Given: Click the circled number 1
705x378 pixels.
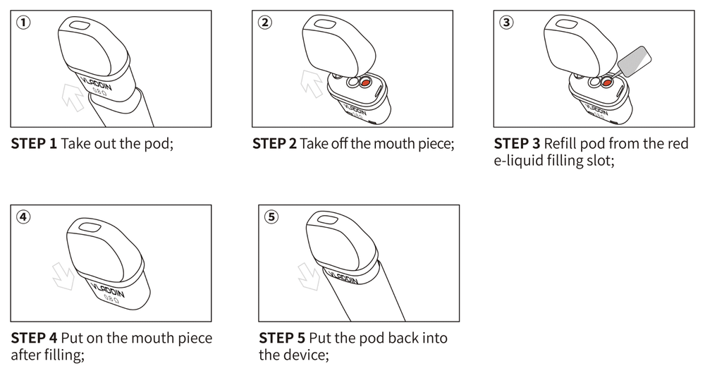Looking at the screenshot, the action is (23, 22).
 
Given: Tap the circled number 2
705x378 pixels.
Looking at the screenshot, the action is (265, 22).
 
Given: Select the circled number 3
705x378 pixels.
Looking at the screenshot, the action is (506, 22).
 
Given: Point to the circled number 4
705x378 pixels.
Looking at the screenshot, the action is (23, 217).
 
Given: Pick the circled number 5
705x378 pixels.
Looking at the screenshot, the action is (271, 217).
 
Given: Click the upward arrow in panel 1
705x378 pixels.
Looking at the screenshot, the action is (73, 97).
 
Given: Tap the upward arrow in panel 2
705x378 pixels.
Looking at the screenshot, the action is (312, 84).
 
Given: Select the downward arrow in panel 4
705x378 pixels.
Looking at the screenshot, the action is (63, 276).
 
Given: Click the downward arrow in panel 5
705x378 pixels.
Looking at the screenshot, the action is (309, 276).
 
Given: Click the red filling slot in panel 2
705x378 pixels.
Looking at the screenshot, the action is (364, 83).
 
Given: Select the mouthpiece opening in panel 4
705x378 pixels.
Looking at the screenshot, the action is (88, 227).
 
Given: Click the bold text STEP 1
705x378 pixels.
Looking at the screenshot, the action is (34, 144).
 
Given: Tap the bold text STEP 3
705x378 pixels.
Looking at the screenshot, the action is (517, 144).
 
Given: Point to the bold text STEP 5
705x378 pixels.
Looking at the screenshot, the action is (282, 338).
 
